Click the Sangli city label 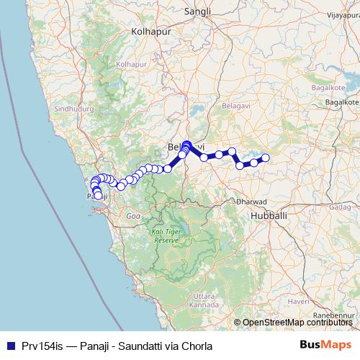pyautogui.click(x=196, y=12)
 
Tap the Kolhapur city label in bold pyautogui.click(x=149, y=32)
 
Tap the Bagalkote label pyautogui.click(x=341, y=104)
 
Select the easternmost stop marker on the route pyautogui.click(x=265, y=158)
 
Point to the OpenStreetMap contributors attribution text pyautogui.click(x=297, y=323)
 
